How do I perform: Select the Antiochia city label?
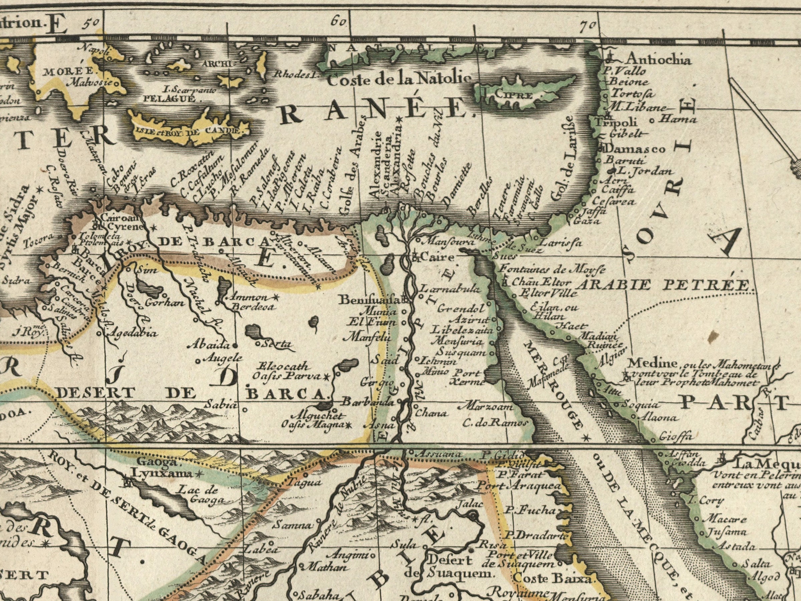point(658,59)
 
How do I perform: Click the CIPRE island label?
point(518,96)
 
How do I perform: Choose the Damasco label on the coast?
point(635,149)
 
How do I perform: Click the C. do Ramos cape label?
point(495,423)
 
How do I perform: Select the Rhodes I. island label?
point(297,74)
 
